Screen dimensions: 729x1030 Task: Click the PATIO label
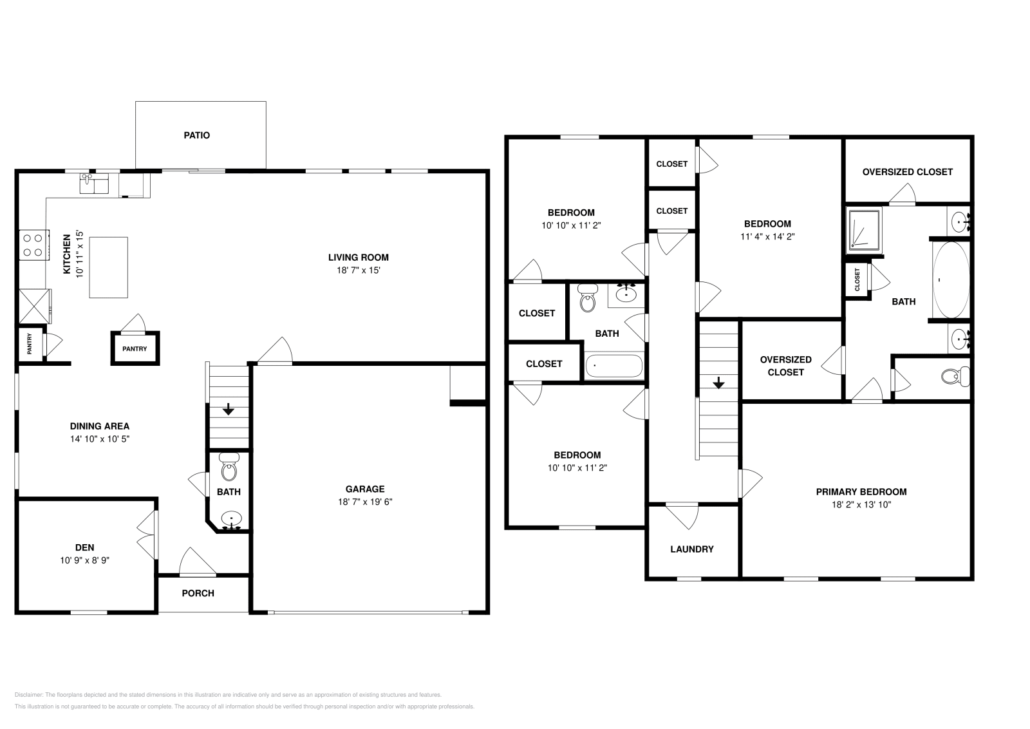(x=196, y=135)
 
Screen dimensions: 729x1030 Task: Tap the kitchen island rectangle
(x=108, y=267)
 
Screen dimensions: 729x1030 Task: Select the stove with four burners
(x=33, y=245)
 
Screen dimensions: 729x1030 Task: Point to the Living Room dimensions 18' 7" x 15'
(x=358, y=270)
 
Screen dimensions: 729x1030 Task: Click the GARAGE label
(x=364, y=489)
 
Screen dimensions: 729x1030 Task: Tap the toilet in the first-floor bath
(x=229, y=469)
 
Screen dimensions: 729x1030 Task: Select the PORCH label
(x=198, y=593)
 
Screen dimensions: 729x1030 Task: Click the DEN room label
(x=84, y=547)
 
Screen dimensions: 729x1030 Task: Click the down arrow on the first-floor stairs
(x=228, y=410)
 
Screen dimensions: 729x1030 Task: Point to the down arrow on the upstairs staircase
(x=718, y=384)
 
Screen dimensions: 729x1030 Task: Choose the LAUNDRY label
(x=691, y=549)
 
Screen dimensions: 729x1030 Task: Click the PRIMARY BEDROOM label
(x=861, y=491)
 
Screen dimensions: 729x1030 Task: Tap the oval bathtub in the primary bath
(x=951, y=279)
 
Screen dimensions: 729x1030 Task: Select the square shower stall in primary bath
(x=864, y=229)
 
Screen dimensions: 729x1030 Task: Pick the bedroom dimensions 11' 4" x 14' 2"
(x=767, y=236)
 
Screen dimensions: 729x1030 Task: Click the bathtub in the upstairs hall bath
(x=613, y=366)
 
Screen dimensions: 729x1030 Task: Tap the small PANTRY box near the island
(x=135, y=348)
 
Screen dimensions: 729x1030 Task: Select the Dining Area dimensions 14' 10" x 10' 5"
(x=99, y=439)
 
